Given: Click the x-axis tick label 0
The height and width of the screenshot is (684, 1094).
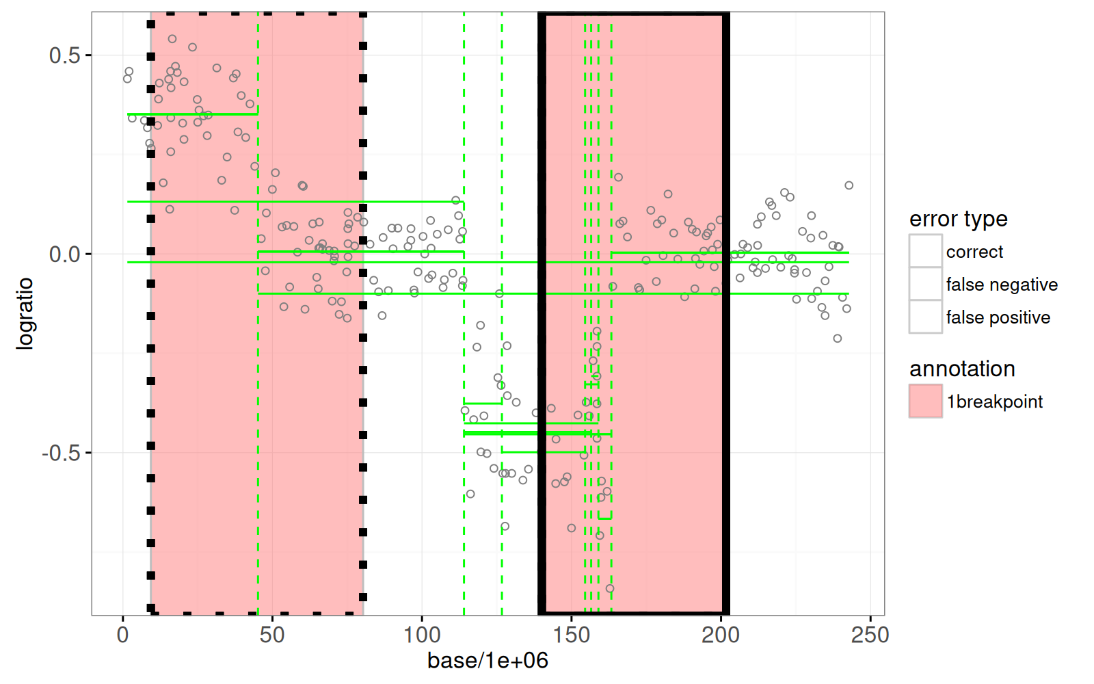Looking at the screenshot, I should (123, 635).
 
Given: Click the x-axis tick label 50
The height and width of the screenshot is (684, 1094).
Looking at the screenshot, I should (272, 635).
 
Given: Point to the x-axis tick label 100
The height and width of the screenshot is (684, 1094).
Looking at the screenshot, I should (422, 635).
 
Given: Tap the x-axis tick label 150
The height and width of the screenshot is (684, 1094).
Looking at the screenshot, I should (572, 635).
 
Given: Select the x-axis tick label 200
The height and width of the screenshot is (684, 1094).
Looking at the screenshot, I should (721, 635).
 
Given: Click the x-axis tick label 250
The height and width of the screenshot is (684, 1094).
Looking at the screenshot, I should (870, 635).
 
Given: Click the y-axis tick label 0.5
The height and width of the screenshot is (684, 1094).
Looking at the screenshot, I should (64, 55).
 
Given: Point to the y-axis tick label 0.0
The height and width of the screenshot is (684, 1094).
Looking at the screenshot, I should (64, 254).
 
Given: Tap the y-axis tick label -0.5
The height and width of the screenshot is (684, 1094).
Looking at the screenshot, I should (61, 453).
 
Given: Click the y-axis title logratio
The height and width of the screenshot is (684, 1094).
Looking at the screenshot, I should (25, 313).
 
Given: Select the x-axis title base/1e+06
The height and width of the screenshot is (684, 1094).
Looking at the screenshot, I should (488, 661).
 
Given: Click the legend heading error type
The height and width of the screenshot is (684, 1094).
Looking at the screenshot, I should (958, 219).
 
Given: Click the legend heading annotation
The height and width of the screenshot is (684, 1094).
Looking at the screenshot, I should (962, 369).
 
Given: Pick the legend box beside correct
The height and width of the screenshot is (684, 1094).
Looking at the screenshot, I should (926, 251).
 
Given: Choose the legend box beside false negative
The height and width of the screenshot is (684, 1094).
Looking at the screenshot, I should (926, 284).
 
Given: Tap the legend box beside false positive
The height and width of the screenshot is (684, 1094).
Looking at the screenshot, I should (926, 317).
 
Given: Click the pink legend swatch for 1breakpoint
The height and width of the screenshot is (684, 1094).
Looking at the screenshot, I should (926, 401).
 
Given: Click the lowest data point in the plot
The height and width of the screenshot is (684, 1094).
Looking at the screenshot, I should (610, 588).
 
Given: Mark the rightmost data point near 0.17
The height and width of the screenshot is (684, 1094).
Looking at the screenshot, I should (849, 185).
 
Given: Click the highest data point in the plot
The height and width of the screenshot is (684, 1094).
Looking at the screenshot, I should (172, 39).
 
